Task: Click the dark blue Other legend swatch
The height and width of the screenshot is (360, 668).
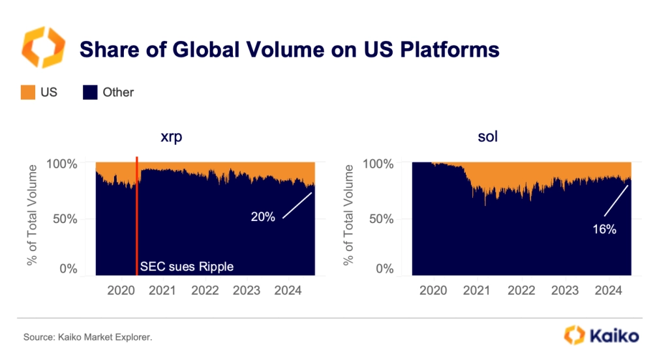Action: pos(90,92)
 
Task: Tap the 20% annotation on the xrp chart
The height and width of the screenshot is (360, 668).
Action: pos(264,217)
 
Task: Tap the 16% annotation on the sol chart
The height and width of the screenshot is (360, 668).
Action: pos(604,229)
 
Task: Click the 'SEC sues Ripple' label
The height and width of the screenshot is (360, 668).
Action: pos(187,267)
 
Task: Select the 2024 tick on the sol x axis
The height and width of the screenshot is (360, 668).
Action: pos(609,290)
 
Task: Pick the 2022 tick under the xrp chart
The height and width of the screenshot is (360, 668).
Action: pos(205,290)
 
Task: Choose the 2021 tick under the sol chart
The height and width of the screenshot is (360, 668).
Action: pos(477,290)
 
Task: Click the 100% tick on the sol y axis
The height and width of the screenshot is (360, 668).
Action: pos(378,163)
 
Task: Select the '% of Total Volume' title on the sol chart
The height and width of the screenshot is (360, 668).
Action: pos(349,215)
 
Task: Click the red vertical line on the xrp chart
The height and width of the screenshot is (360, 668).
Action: pos(136,215)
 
